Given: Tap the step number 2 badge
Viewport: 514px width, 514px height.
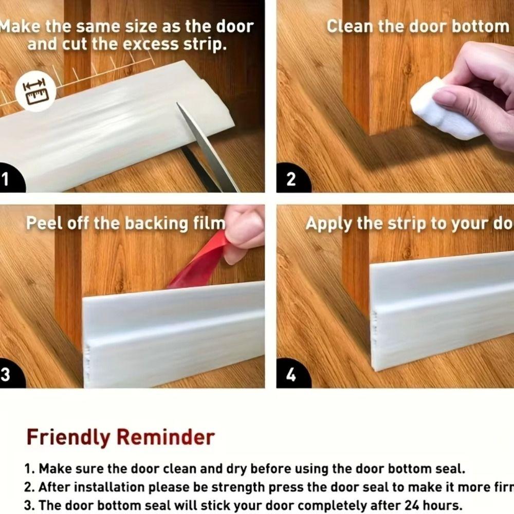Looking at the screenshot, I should click(x=291, y=180).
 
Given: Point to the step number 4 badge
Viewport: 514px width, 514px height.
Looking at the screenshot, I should click(x=291, y=375).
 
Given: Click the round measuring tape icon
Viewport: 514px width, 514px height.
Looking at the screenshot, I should click(x=35, y=91).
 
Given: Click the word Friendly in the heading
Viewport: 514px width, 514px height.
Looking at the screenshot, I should click(x=68, y=437).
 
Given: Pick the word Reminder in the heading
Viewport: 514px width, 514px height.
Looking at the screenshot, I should click(x=166, y=437).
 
